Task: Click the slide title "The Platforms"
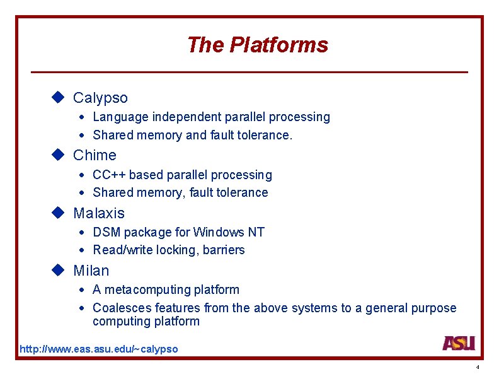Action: tap(257, 45)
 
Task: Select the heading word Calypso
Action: tap(100, 98)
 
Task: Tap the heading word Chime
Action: tap(95, 155)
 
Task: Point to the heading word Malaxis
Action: tap(99, 213)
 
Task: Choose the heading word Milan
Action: tap(91, 271)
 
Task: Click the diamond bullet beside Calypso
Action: tap(59, 97)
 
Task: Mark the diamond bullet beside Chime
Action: tap(59, 155)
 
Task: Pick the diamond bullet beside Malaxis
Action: tap(59, 213)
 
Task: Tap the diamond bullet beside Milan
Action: tap(59, 270)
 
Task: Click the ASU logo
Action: tap(458, 343)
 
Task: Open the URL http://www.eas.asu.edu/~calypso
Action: tap(99, 349)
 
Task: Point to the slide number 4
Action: tap(478, 367)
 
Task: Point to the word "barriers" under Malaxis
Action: tap(224, 250)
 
